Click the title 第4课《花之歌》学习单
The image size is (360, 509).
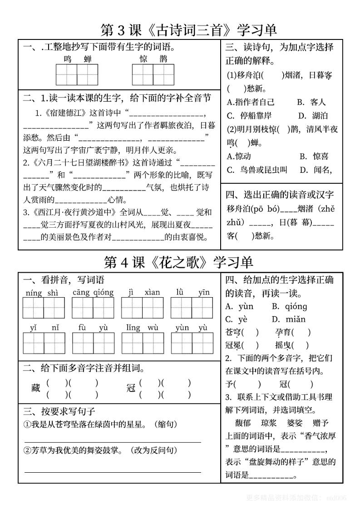click(x=178, y=262)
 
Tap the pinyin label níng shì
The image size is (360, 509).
click(x=42, y=293)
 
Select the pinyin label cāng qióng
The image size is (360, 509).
click(x=93, y=293)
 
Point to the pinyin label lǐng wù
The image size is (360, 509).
click(x=142, y=328)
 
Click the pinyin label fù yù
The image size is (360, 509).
click(x=93, y=328)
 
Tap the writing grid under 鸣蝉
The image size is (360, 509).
click(x=77, y=74)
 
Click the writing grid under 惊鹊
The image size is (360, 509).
click(x=153, y=74)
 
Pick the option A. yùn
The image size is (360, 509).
click(x=239, y=306)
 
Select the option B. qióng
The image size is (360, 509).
click(x=289, y=306)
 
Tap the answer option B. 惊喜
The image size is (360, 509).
click(x=314, y=157)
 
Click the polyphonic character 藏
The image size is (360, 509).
click(x=36, y=388)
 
